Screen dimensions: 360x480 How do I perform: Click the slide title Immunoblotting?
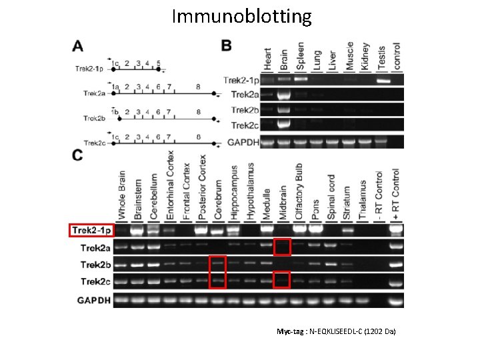tap(241, 16)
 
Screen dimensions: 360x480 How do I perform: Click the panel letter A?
tap(78, 46)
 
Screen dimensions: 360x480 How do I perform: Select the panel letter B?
tap(227, 46)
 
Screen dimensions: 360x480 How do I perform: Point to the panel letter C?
tap(78, 155)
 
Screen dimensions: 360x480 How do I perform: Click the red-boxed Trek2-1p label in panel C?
tap(93, 231)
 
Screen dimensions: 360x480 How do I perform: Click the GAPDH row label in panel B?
tap(241, 141)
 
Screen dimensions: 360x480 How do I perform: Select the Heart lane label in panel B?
tap(268, 57)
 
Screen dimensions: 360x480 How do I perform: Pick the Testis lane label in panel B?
tap(382, 57)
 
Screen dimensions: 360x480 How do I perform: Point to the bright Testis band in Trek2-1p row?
tap(383, 80)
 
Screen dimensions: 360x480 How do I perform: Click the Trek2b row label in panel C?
tap(91, 265)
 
